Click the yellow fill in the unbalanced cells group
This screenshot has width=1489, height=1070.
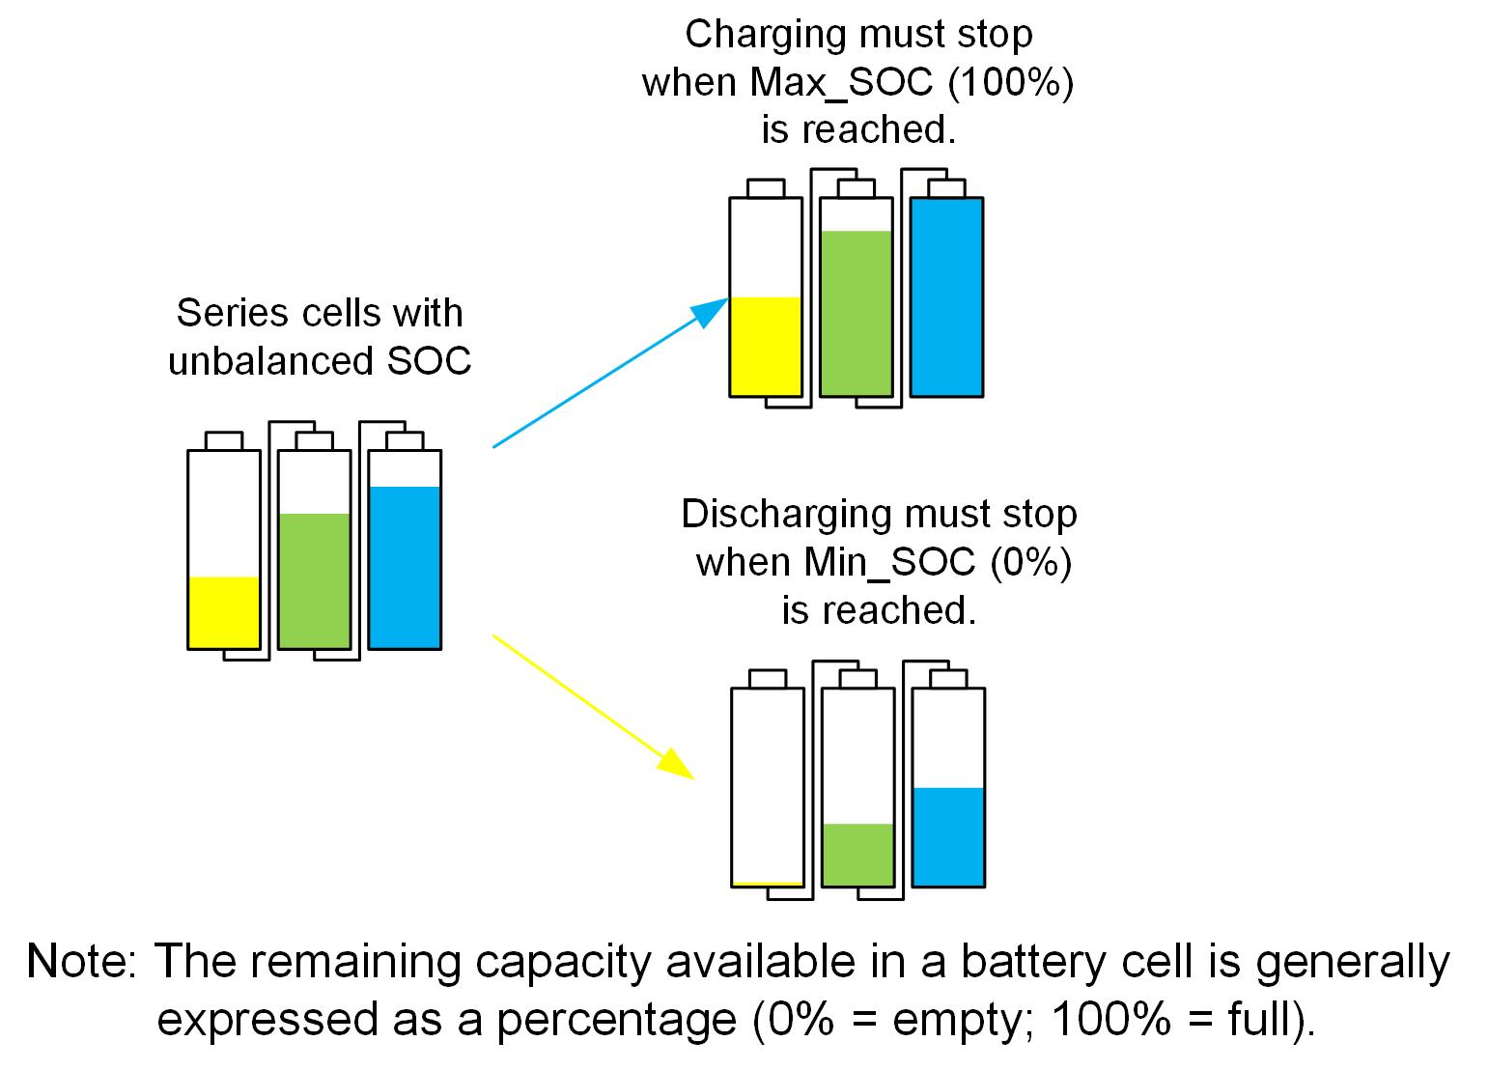223,612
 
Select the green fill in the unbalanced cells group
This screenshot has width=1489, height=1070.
314,580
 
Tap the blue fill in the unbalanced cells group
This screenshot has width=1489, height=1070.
405,567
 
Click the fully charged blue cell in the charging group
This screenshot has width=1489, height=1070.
946,296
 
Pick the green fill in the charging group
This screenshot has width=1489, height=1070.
856,313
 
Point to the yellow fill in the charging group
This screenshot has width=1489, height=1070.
765,346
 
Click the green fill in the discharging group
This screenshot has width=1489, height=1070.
857,855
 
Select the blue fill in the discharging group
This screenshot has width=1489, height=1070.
948,836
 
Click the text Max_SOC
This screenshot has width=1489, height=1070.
841,82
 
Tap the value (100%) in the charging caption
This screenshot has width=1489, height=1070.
1010,82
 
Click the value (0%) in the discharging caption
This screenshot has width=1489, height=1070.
1031,562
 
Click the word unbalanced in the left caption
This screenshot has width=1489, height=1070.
271,361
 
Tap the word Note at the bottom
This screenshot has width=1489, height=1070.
79,961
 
